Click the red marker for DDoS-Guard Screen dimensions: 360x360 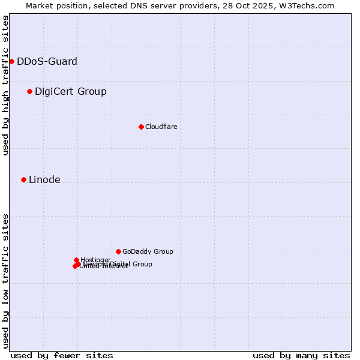pos(11,61)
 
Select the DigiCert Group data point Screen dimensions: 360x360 pos(29,91)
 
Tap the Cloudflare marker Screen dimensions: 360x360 pos(141,127)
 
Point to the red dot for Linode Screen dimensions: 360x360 pos(23,179)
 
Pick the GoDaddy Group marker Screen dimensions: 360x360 pos(118,251)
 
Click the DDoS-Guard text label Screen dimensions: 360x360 pos(47,61)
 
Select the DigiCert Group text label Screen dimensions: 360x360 pos(71,91)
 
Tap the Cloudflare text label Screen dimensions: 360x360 pos(161,127)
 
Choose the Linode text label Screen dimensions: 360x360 pos(44,179)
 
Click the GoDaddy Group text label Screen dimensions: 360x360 pos(148,251)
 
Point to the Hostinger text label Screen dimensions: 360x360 pos(95,259)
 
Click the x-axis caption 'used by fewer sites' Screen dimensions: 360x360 pos(62,355)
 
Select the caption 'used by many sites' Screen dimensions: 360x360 pos(301,355)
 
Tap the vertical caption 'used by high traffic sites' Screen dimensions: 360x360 pos(5,86)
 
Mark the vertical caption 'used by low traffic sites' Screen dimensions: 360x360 pos(5,280)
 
